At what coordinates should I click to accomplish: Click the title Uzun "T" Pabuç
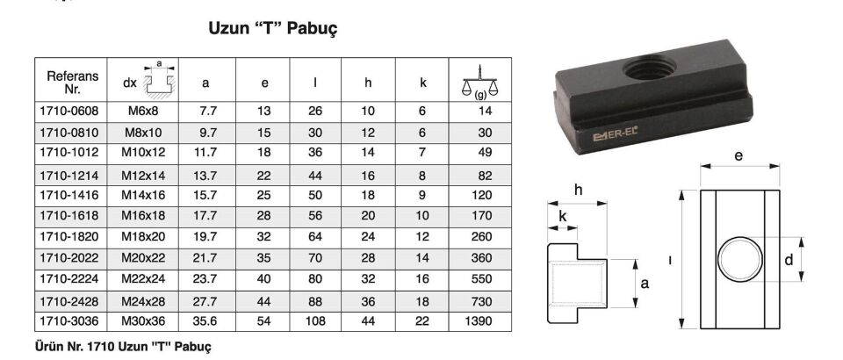[x=272, y=29]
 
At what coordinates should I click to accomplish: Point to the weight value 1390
[x=478, y=321]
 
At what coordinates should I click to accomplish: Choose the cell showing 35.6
[x=205, y=321]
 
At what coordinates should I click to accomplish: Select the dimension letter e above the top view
[x=739, y=156]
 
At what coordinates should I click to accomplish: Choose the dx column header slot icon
[x=159, y=81]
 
